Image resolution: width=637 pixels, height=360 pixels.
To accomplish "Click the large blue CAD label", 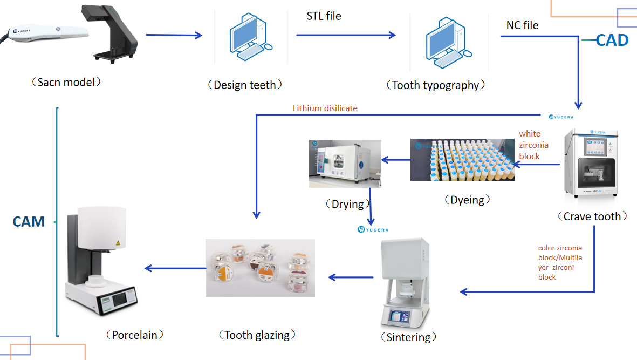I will [x=612, y=40].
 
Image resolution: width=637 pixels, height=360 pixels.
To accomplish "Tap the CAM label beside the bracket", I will [x=29, y=221].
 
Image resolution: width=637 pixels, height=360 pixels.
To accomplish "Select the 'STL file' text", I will [x=324, y=16].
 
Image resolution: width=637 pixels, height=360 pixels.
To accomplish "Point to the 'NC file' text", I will [x=522, y=25].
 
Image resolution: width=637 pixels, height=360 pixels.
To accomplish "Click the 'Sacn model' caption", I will [x=66, y=83].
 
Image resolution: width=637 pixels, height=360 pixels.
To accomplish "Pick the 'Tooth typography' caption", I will [x=435, y=85].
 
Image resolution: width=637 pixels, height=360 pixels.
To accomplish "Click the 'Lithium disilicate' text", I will [x=325, y=108].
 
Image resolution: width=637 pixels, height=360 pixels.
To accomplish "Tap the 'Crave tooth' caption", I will [x=592, y=216].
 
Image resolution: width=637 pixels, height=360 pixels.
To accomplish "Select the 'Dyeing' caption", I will [x=467, y=200].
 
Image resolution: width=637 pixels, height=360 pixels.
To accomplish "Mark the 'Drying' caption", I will [x=347, y=204].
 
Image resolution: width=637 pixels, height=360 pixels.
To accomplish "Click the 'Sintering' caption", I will [x=408, y=337].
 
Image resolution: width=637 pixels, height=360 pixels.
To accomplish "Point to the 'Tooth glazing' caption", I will [x=257, y=335].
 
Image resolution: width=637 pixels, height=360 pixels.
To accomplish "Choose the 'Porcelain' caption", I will [x=134, y=335].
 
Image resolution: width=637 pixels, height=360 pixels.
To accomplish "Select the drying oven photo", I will [x=345, y=164].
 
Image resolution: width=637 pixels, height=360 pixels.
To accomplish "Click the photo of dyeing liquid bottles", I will [x=462, y=160].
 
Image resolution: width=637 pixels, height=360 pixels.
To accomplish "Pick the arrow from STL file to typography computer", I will [x=346, y=36].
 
